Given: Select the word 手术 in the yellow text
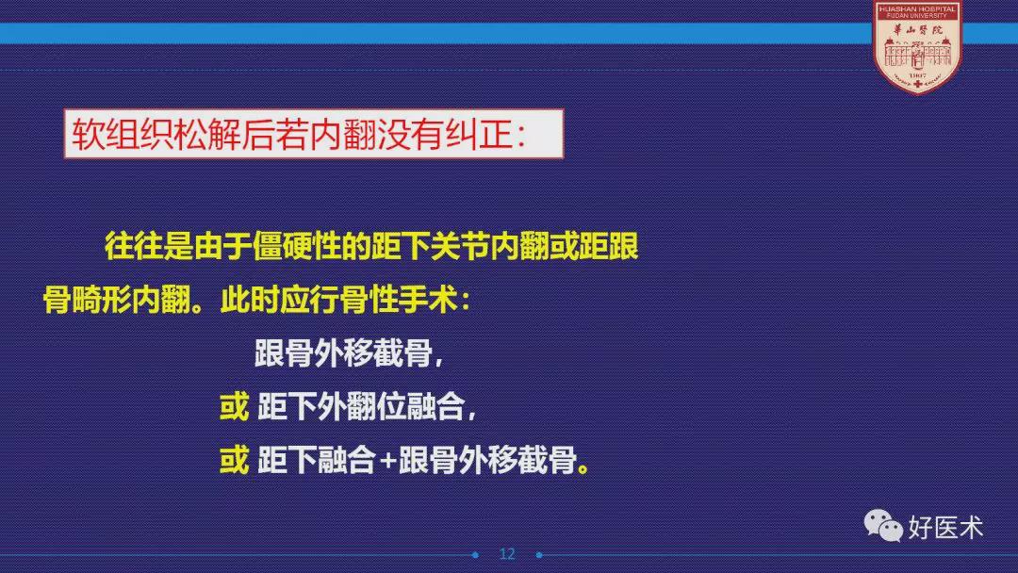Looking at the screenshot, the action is (x=428, y=301).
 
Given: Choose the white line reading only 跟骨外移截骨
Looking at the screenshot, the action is (x=343, y=353).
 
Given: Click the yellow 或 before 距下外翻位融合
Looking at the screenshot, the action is (x=234, y=407).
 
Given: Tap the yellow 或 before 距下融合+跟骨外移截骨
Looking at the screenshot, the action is (x=234, y=461).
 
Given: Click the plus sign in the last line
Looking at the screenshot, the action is (x=387, y=462).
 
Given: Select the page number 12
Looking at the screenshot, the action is (x=507, y=554).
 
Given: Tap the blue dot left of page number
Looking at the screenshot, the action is (x=475, y=555).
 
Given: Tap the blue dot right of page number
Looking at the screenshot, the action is (x=539, y=555).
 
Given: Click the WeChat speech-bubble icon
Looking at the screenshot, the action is (x=883, y=525).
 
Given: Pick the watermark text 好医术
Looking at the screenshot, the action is (x=945, y=527).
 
